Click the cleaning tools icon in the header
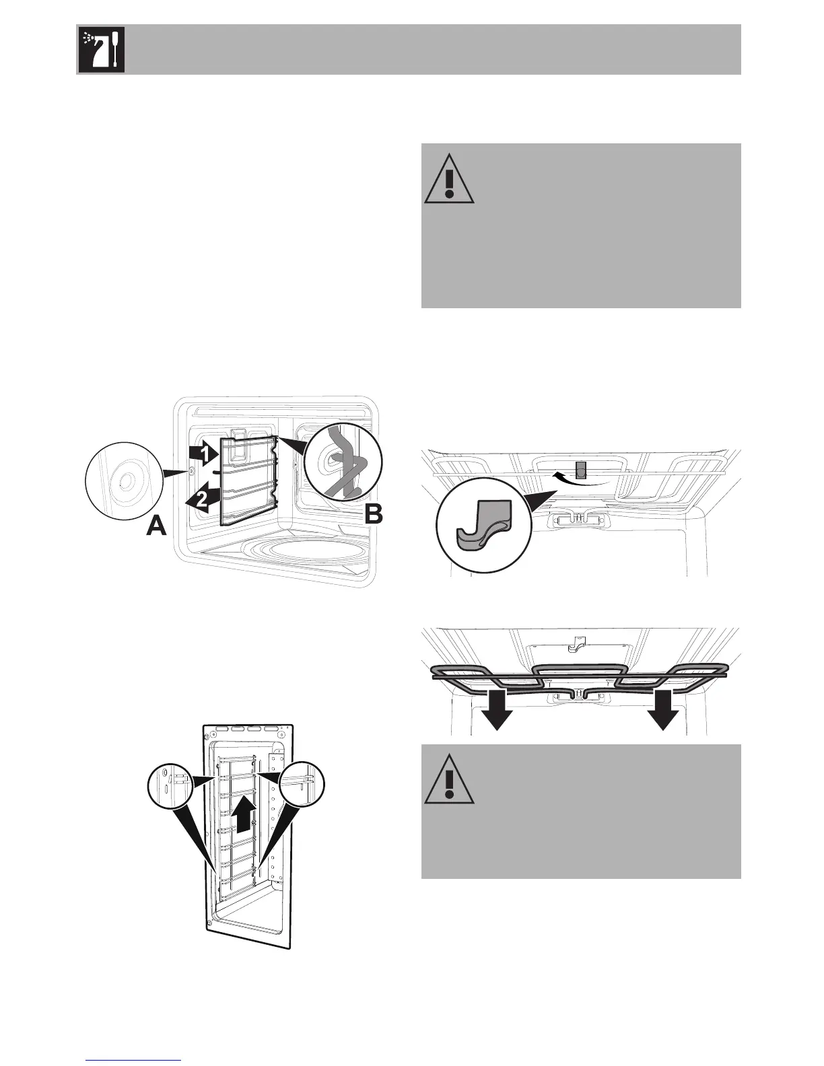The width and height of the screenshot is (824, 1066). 101,50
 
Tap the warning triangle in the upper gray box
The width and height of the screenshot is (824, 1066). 449,180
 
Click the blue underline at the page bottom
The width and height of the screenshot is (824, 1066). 134,1061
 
